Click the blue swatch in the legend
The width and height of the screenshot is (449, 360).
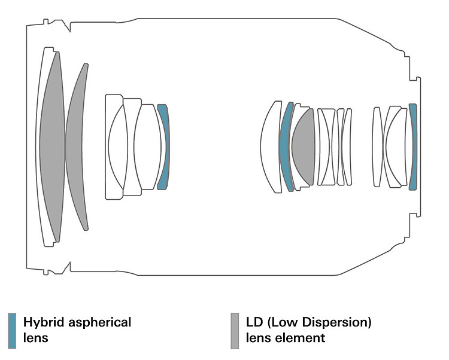12,330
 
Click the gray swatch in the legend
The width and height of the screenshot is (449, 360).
235,330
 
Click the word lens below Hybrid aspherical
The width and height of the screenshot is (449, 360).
36,338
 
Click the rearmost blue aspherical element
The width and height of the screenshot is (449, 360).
412,147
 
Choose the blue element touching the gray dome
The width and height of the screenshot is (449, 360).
286,147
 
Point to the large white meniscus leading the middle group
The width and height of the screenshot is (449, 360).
271,147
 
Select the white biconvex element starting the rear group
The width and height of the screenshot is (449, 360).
377,147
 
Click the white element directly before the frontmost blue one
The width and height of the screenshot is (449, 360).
144,147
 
